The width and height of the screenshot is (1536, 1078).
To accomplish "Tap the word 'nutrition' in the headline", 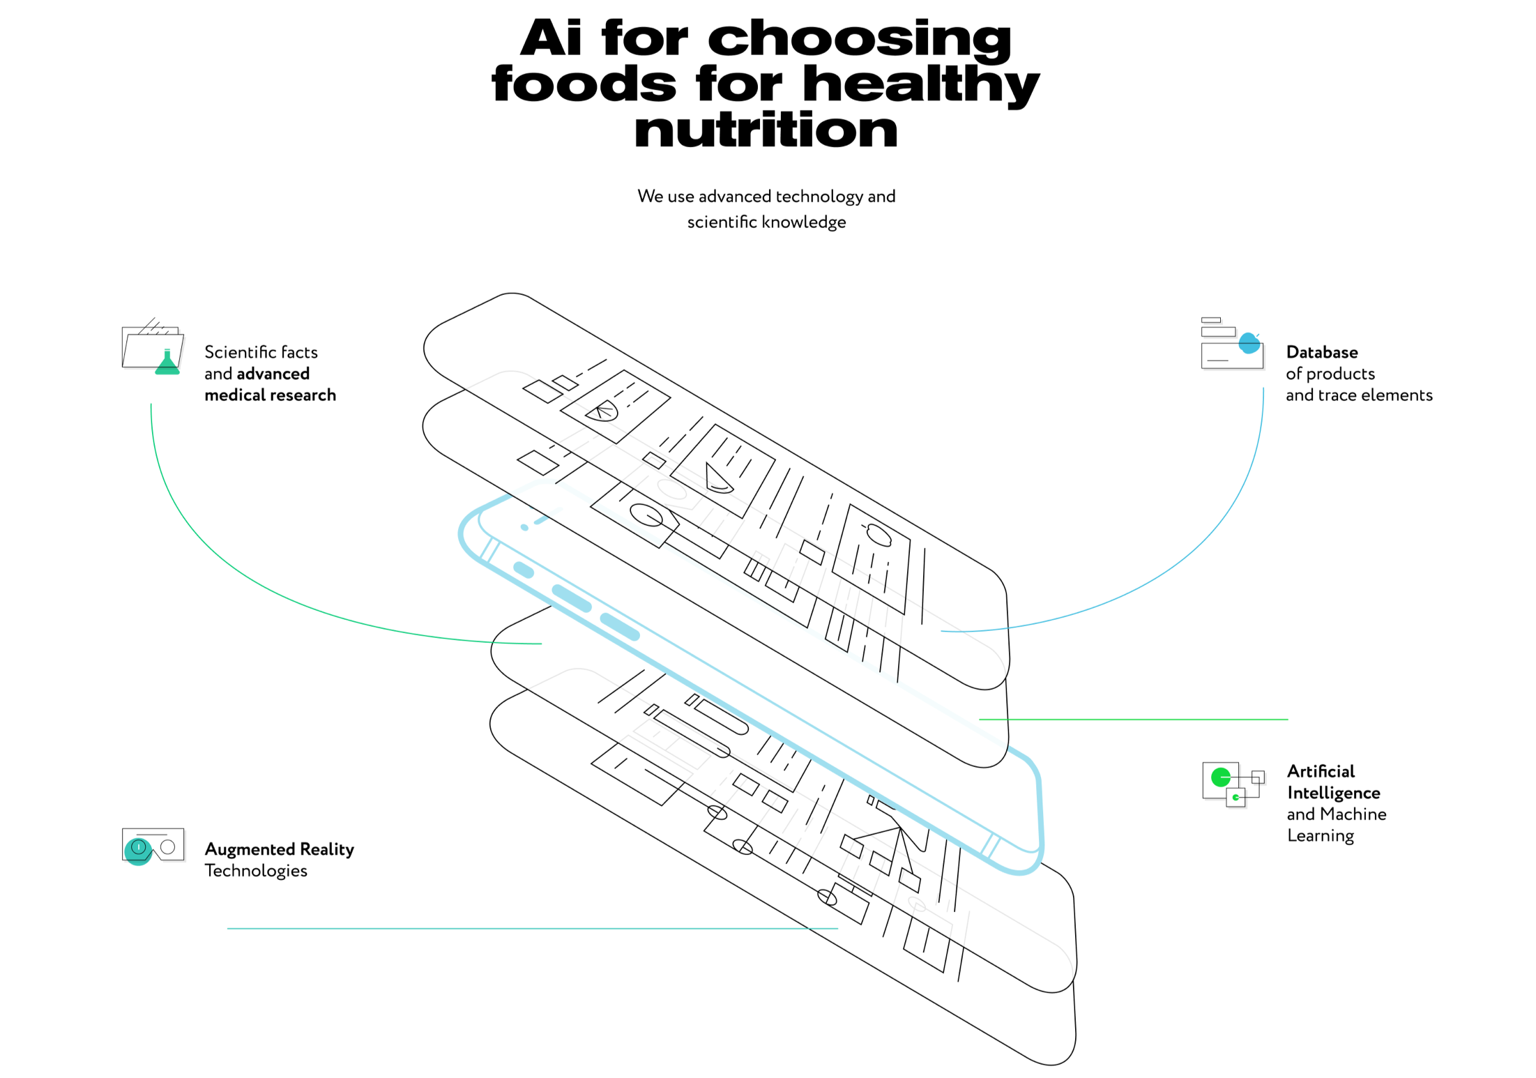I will [766, 130].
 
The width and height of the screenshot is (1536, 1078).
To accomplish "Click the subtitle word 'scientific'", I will [722, 222].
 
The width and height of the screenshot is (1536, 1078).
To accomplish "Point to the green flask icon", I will [167, 364].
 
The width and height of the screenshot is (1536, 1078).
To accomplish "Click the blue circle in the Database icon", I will [1249, 343].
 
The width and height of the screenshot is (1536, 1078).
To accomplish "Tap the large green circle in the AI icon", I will [1220, 777].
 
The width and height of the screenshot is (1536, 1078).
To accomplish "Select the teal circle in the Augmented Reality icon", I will [138, 850].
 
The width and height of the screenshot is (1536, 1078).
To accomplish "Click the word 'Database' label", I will [1321, 352].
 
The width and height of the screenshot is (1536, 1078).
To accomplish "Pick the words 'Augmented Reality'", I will [279, 849].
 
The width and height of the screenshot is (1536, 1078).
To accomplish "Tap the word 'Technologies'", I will [256, 871].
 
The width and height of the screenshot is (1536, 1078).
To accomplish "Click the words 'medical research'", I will [270, 395].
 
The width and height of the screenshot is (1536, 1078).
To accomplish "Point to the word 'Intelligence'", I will [1333, 793].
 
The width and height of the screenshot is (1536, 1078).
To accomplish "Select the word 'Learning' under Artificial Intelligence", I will [1320, 835].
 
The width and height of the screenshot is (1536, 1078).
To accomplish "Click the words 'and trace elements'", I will [1358, 395].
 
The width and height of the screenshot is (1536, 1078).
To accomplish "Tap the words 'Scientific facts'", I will [261, 352].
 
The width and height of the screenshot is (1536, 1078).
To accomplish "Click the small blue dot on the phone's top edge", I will [524, 527].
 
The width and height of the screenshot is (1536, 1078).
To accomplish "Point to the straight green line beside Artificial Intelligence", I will [1133, 719].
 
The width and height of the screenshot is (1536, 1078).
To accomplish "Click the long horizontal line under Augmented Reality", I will [532, 928].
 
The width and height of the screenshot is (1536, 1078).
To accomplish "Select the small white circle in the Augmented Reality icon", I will [168, 847].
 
